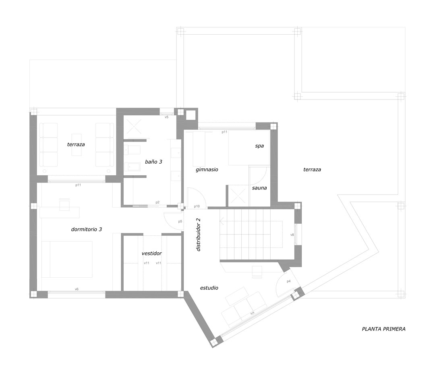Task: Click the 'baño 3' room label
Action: pyautogui.click(x=153, y=162)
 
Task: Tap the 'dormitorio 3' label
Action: pyautogui.click(x=87, y=229)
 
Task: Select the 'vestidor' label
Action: pyautogui.click(x=151, y=253)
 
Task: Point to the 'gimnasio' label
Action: pyautogui.click(x=207, y=169)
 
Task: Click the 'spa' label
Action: pyautogui.click(x=259, y=146)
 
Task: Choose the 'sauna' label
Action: pyautogui.click(x=259, y=188)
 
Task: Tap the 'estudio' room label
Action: pyautogui.click(x=209, y=288)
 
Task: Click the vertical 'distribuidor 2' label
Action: pyautogui.click(x=198, y=235)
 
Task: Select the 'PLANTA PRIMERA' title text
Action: pyautogui.click(x=384, y=329)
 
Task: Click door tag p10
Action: pyautogui.click(x=197, y=206)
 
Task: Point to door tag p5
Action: pyautogui.click(x=180, y=221)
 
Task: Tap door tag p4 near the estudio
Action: pyautogui.click(x=288, y=281)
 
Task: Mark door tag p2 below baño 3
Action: pyautogui.click(x=157, y=202)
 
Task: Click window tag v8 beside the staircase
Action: pyautogui.click(x=292, y=235)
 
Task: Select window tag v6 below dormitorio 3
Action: pyautogui.click(x=77, y=289)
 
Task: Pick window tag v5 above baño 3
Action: pyautogui.click(x=166, y=117)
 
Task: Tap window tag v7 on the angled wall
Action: pyautogui.click(x=252, y=314)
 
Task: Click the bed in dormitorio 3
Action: pyautogui.click(x=67, y=259)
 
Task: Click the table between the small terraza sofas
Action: pyautogui.click(x=77, y=145)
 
